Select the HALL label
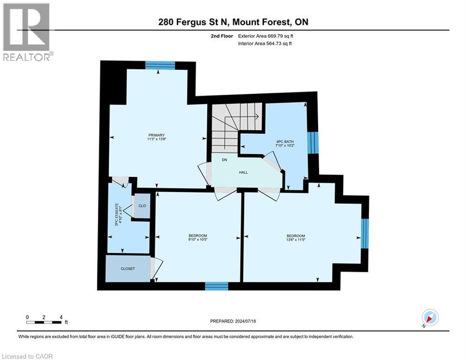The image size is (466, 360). pos(243,172)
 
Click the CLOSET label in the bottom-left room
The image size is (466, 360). pos(128,269)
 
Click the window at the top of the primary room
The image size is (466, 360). pos(160,65)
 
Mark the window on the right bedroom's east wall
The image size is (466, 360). pos(365,233)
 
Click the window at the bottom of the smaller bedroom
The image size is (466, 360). pos(216,286)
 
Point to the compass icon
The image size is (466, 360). pos(429,318)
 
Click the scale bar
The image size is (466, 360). pos(44,322)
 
